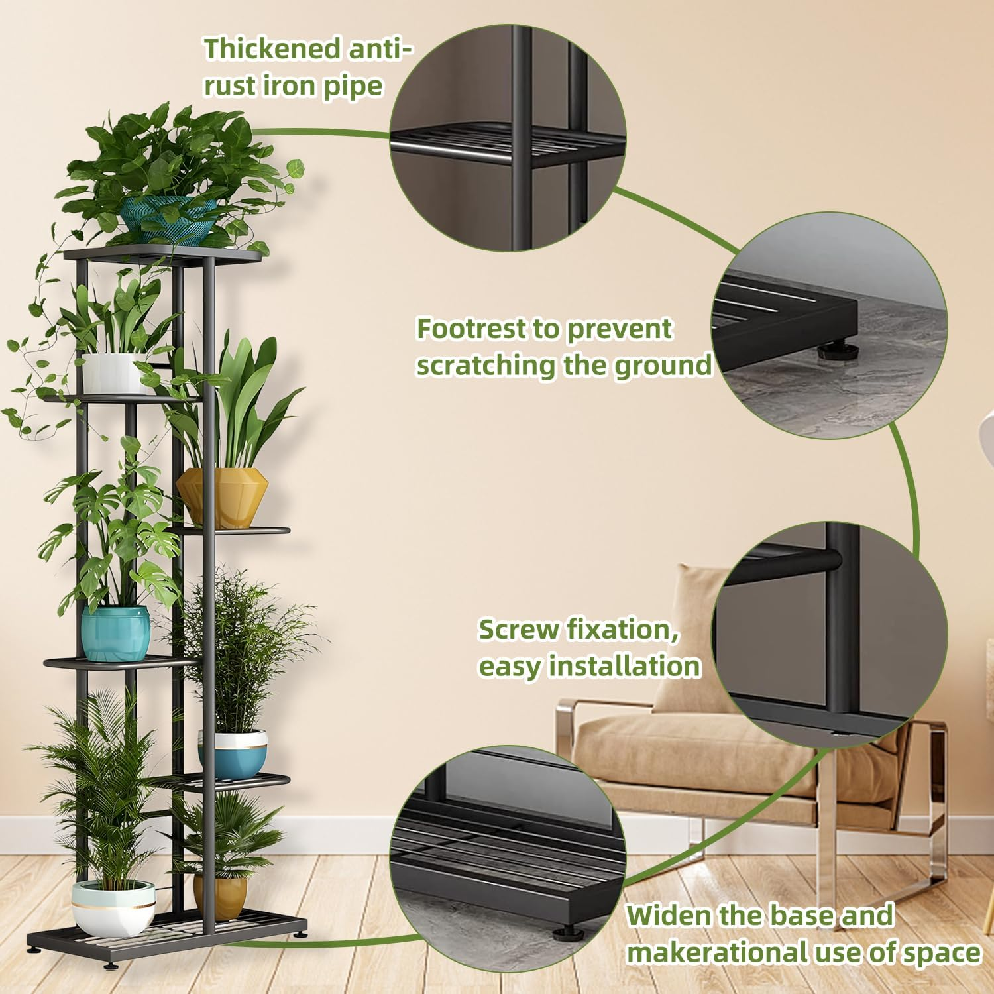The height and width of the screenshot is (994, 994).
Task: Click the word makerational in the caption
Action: pyautogui.click(x=716, y=952)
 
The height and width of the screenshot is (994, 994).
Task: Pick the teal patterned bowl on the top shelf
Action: pyautogui.click(x=168, y=215)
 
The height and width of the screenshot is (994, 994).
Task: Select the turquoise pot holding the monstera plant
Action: pyautogui.click(x=115, y=633)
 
